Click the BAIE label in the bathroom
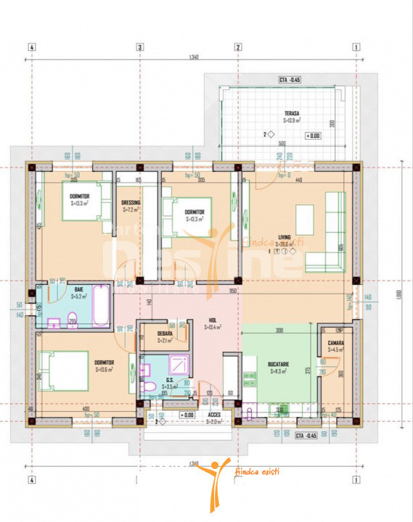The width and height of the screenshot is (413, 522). point(79,289)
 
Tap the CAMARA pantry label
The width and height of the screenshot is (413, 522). point(335,343)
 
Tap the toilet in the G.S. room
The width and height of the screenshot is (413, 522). point(150,389)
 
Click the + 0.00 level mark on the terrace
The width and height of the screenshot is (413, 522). point(313,136)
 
